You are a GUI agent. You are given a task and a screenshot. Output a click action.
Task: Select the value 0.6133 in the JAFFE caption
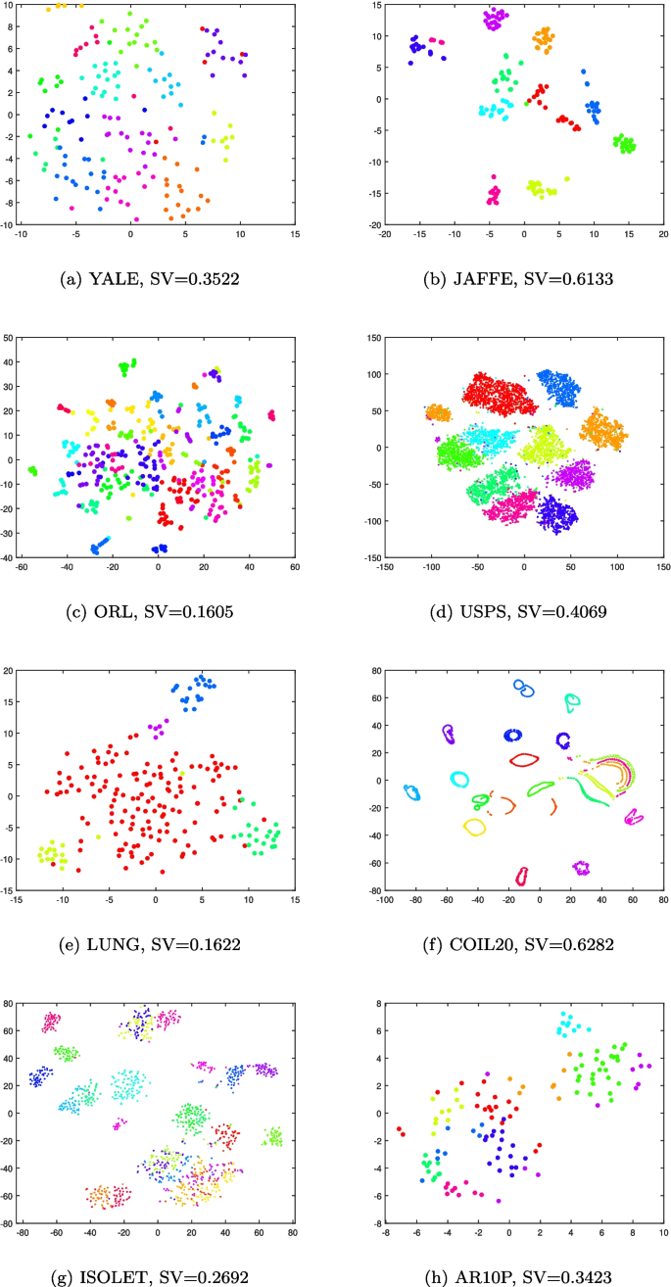577,279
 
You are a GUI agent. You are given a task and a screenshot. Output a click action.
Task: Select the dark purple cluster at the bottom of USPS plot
557,512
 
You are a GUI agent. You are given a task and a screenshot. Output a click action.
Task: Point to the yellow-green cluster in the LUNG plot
50,855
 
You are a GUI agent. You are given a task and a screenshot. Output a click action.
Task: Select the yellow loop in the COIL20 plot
474,827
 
